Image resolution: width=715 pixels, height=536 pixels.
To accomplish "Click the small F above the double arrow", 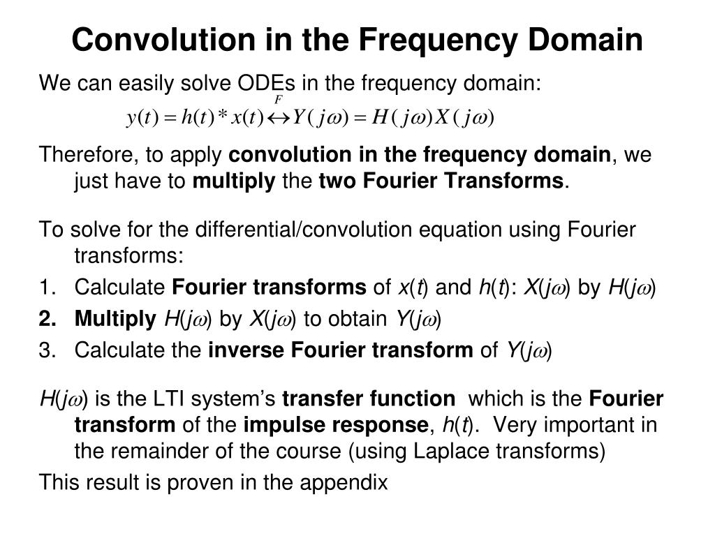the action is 278,100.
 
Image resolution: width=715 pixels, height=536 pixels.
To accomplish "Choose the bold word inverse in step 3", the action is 245,352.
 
